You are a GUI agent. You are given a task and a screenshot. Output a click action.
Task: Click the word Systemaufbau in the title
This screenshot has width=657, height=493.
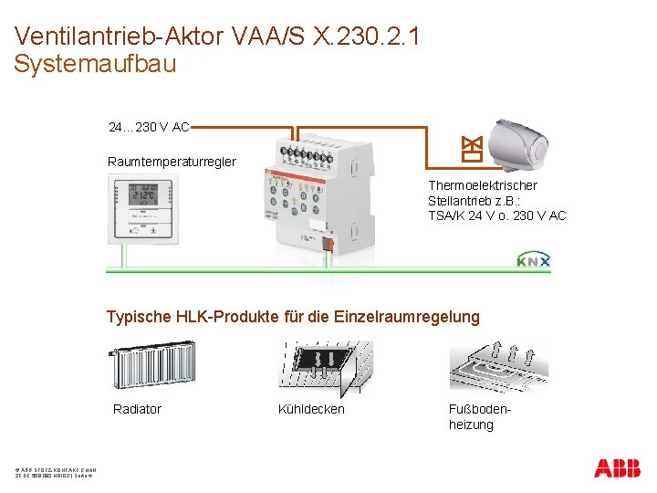pyautogui.click(x=95, y=65)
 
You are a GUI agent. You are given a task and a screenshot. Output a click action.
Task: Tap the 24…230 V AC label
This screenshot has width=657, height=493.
pyautogui.click(x=149, y=127)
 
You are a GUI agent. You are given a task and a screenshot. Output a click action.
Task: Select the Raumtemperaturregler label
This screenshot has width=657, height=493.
pyautogui.click(x=172, y=162)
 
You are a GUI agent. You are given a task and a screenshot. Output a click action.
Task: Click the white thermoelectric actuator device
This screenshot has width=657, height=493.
pyautogui.click(x=517, y=142)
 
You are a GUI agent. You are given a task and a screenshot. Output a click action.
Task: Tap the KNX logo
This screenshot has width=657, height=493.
pyautogui.click(x=534, y=261)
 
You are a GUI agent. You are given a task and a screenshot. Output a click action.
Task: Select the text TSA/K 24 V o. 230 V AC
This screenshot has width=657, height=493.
pyautogui.click(x=496, y=215)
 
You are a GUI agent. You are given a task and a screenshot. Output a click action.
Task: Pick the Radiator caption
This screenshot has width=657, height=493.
pyautogui.click(x=137, y=409)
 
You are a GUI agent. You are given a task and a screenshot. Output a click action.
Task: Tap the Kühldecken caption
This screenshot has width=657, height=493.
pyautogui.click(x=311, y=409)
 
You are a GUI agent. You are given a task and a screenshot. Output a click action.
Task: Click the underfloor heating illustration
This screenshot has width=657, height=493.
pyautogui.click(x=497, y=365)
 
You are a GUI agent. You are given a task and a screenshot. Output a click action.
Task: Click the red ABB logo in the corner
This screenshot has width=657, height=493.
pyautogui.click(x=617, y=469)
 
